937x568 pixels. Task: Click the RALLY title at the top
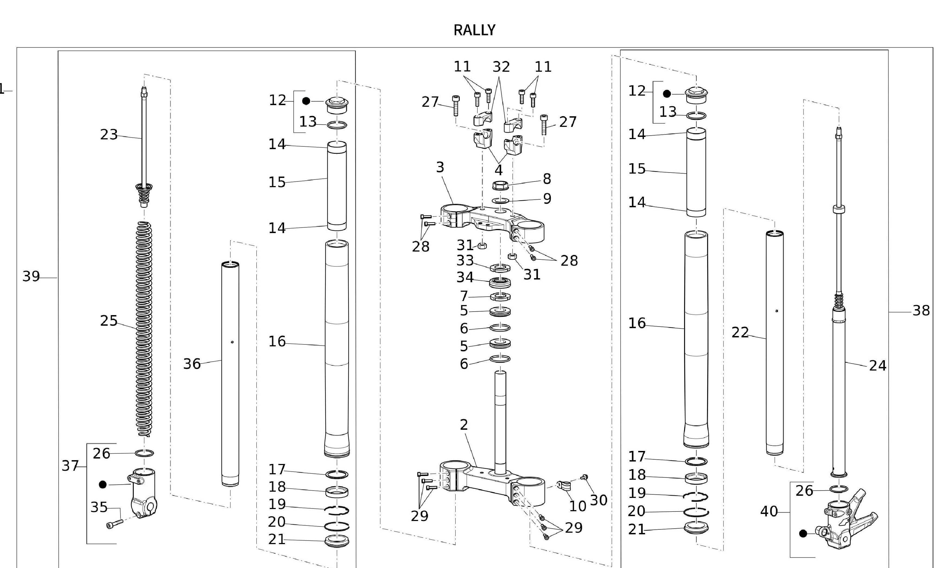pos(474,30)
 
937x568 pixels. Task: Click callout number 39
pos(31,276)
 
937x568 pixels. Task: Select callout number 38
pos(921,311)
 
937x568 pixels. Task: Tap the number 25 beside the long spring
pos(109,321)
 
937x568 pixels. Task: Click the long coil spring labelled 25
pos(144,327)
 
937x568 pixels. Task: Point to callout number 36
pos(192,364)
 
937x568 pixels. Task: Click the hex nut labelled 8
pos(500,186)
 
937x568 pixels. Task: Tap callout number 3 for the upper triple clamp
pos(440,167)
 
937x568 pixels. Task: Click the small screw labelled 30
pos(585,477)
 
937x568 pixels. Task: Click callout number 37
pos(70,466)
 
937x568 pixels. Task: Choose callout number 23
pos(109,135)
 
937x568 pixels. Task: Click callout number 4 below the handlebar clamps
pos(498,170)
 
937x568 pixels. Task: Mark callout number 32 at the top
pos(501,67)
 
